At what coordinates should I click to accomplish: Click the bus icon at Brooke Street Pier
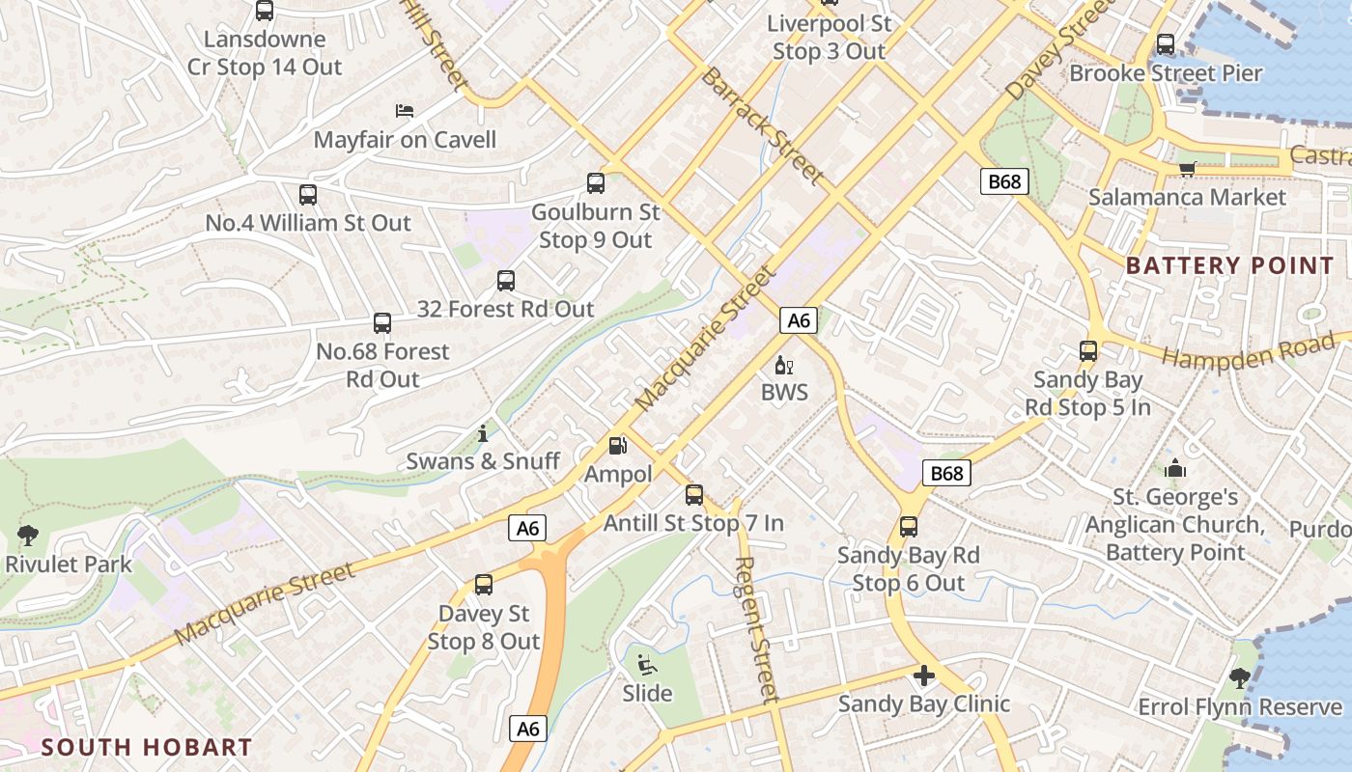1166,44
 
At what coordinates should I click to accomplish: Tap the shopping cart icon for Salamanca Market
1187,169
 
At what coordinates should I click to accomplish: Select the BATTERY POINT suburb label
1229,265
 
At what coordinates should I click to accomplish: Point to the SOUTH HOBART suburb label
147,746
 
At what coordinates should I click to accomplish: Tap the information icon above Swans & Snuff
483,434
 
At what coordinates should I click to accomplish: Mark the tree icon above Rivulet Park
28,536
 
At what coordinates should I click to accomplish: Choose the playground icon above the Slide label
646,665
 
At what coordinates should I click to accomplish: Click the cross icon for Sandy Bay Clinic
924,675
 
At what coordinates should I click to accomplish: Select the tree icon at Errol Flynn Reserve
1240,678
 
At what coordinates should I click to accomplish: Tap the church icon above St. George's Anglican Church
1175,469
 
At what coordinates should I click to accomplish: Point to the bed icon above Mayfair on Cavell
405,111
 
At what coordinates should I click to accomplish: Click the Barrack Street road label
763,125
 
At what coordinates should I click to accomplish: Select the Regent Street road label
756,629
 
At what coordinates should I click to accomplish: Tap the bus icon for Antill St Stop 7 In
694,495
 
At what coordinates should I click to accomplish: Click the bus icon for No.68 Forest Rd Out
382,323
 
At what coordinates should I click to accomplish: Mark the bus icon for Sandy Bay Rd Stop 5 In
1088,351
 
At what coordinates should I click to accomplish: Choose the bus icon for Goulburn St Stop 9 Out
596,183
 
